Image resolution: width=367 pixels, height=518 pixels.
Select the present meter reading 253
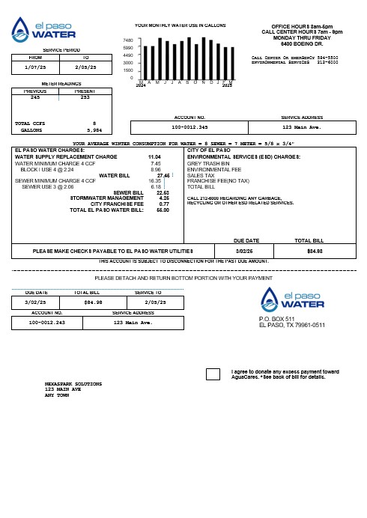click(84, 97)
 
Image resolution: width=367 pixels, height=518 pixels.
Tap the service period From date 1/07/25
click(36, 66)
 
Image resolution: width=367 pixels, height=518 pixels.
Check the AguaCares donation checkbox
click(213, 374)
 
